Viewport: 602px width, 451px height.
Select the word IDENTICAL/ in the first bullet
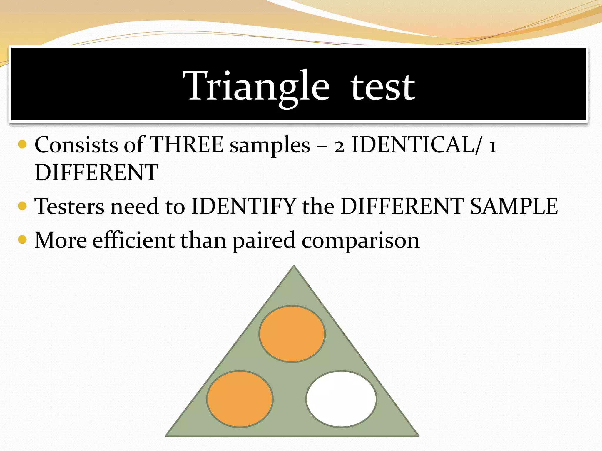(417, 145)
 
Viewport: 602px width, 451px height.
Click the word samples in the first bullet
(270, 146)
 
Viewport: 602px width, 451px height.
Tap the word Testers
(69, 206)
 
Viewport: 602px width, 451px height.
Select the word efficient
(134, 240)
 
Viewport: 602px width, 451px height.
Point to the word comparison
(360, 241)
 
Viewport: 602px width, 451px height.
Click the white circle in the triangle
(341, 399)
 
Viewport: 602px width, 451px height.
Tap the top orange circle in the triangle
(292, 334)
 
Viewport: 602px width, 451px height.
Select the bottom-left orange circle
(240, 399)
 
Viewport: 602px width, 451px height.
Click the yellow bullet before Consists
(22, 144)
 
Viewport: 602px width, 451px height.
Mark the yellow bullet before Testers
(22, 206)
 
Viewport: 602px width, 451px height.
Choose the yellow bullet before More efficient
(22, 240)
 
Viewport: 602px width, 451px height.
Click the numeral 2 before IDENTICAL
(339, 146)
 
